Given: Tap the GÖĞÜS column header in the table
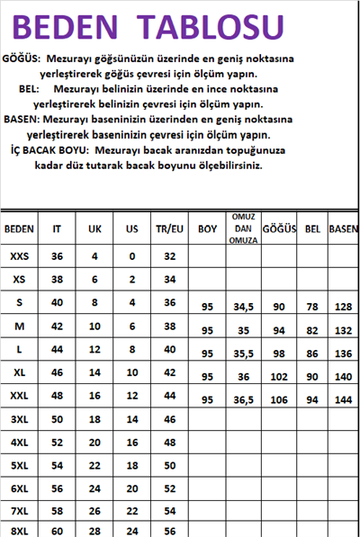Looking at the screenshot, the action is (x=279, y=228).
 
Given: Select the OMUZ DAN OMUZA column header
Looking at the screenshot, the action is (x=242, y=228).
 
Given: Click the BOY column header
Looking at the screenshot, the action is (x=208, y=228).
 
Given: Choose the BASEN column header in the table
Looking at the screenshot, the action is (x=344, y=228).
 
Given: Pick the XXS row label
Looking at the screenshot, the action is (x=19, y=256).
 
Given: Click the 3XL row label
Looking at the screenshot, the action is (x=19, y=420).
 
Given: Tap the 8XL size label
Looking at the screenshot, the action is (x=19, y=531).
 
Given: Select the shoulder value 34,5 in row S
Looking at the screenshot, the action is (x=242, y=308).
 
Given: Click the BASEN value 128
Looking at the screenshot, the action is (x=344, y=308).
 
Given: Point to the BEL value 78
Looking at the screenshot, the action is (x=313, y=308).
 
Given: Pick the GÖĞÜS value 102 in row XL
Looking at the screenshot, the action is (x=279, y=377).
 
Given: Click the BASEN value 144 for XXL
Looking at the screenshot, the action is (x=344, y=400).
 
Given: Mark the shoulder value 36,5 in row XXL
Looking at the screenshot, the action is (x=242, y=400).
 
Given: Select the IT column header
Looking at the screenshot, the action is (x=58, y=228).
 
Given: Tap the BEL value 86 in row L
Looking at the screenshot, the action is (x=313, y=354).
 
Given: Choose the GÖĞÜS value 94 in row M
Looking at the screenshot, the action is (x=279, y=330).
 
